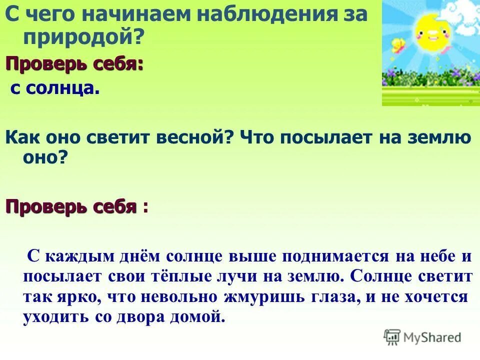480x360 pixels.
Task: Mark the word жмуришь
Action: tap(267, 296)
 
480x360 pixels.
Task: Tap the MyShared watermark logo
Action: tap(422, 337)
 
